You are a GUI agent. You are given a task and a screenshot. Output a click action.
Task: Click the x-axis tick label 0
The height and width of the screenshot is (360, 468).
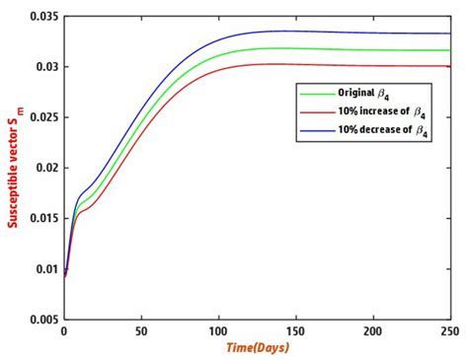[64, 331]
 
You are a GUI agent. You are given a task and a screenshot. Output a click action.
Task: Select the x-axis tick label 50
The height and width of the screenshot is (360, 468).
[141, 331]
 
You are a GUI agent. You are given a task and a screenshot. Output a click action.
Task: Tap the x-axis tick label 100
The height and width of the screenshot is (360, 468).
[218, 331]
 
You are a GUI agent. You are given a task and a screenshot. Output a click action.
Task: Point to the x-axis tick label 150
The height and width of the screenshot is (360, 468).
[295, 331]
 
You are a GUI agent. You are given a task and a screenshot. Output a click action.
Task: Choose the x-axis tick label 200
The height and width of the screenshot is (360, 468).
[372, 331]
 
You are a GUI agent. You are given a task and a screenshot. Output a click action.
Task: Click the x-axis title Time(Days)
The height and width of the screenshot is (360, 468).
[257, 349]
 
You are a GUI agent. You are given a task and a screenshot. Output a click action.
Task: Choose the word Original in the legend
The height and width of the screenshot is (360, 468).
[354, 92]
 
